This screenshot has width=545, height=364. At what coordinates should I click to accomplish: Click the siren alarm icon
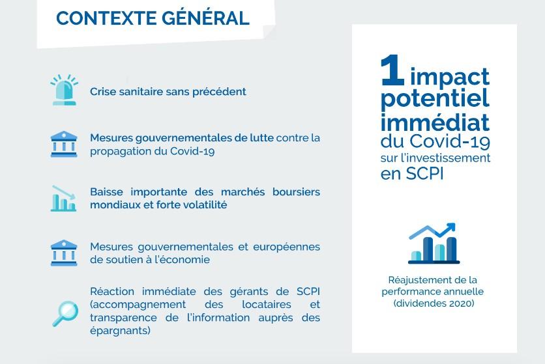click(x=65, y=90)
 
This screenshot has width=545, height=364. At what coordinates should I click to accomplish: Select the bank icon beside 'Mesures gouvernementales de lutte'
click(x=64, y=144)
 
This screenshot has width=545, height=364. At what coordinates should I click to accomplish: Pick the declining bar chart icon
click(x=64, y=199)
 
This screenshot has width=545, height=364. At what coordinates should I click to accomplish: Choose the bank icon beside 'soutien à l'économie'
click(x=64, y=253)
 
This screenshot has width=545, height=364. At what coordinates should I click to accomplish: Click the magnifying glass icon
click(x=65, y=314)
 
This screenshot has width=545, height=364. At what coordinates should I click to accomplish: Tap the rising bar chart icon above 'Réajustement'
click(x=434, y=244)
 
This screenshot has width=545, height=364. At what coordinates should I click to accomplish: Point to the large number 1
click(x=392, y=70)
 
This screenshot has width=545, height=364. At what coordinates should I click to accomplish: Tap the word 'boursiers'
click(x=296, y=191)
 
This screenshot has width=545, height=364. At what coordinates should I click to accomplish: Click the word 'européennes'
click(x=286, y=247)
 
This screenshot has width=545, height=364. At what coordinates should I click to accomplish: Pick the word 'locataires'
click(x=267, y=305)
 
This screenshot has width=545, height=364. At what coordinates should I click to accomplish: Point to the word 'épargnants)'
click(x=120, y=331)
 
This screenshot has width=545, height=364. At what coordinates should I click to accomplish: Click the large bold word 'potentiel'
click(x=435, y=98)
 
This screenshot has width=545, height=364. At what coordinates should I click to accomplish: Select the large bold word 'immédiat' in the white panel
click(x=435, y=122)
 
